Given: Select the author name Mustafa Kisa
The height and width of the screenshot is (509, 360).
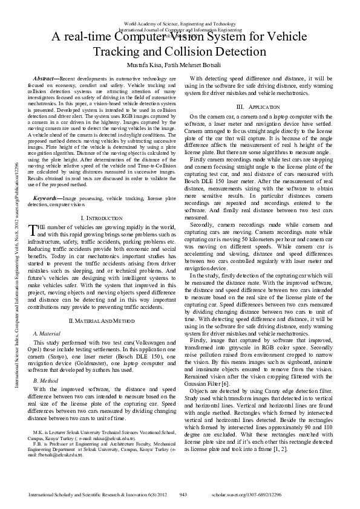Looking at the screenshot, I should pos(147,65).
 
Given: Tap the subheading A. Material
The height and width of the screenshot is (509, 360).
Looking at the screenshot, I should pos(46,333).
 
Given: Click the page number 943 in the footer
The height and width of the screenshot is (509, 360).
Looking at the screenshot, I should pos(183,494).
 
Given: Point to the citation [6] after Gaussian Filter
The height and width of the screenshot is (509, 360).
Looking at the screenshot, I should pos(224,349).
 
